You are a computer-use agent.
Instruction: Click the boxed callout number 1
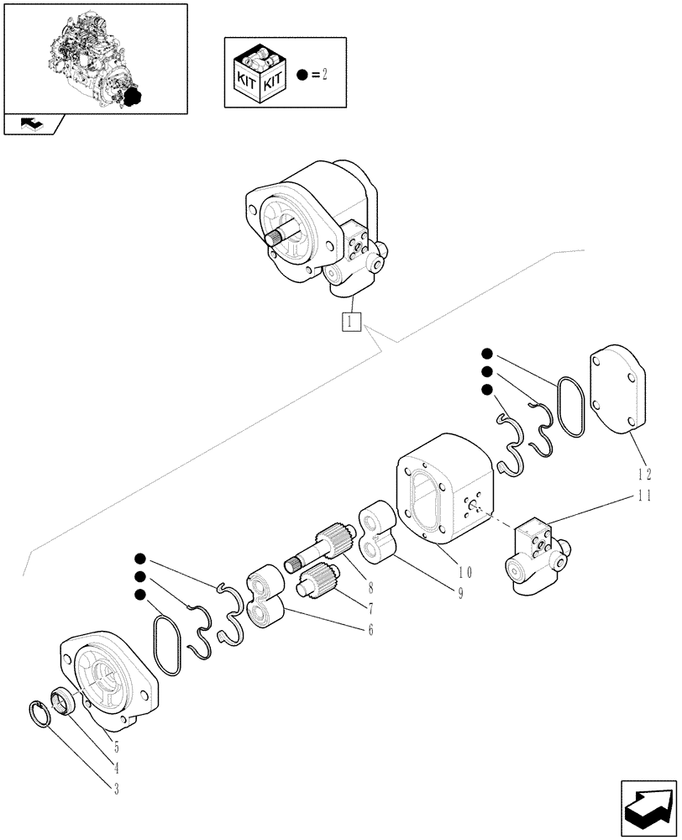pos(351,321)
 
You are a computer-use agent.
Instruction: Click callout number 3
pos(116,788)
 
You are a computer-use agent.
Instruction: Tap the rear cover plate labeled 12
pos(620,391)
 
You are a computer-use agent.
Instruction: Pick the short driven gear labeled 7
pos(318,580)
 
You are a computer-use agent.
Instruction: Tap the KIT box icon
pos(260,74)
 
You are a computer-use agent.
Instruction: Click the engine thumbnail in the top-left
pos(95,57)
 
